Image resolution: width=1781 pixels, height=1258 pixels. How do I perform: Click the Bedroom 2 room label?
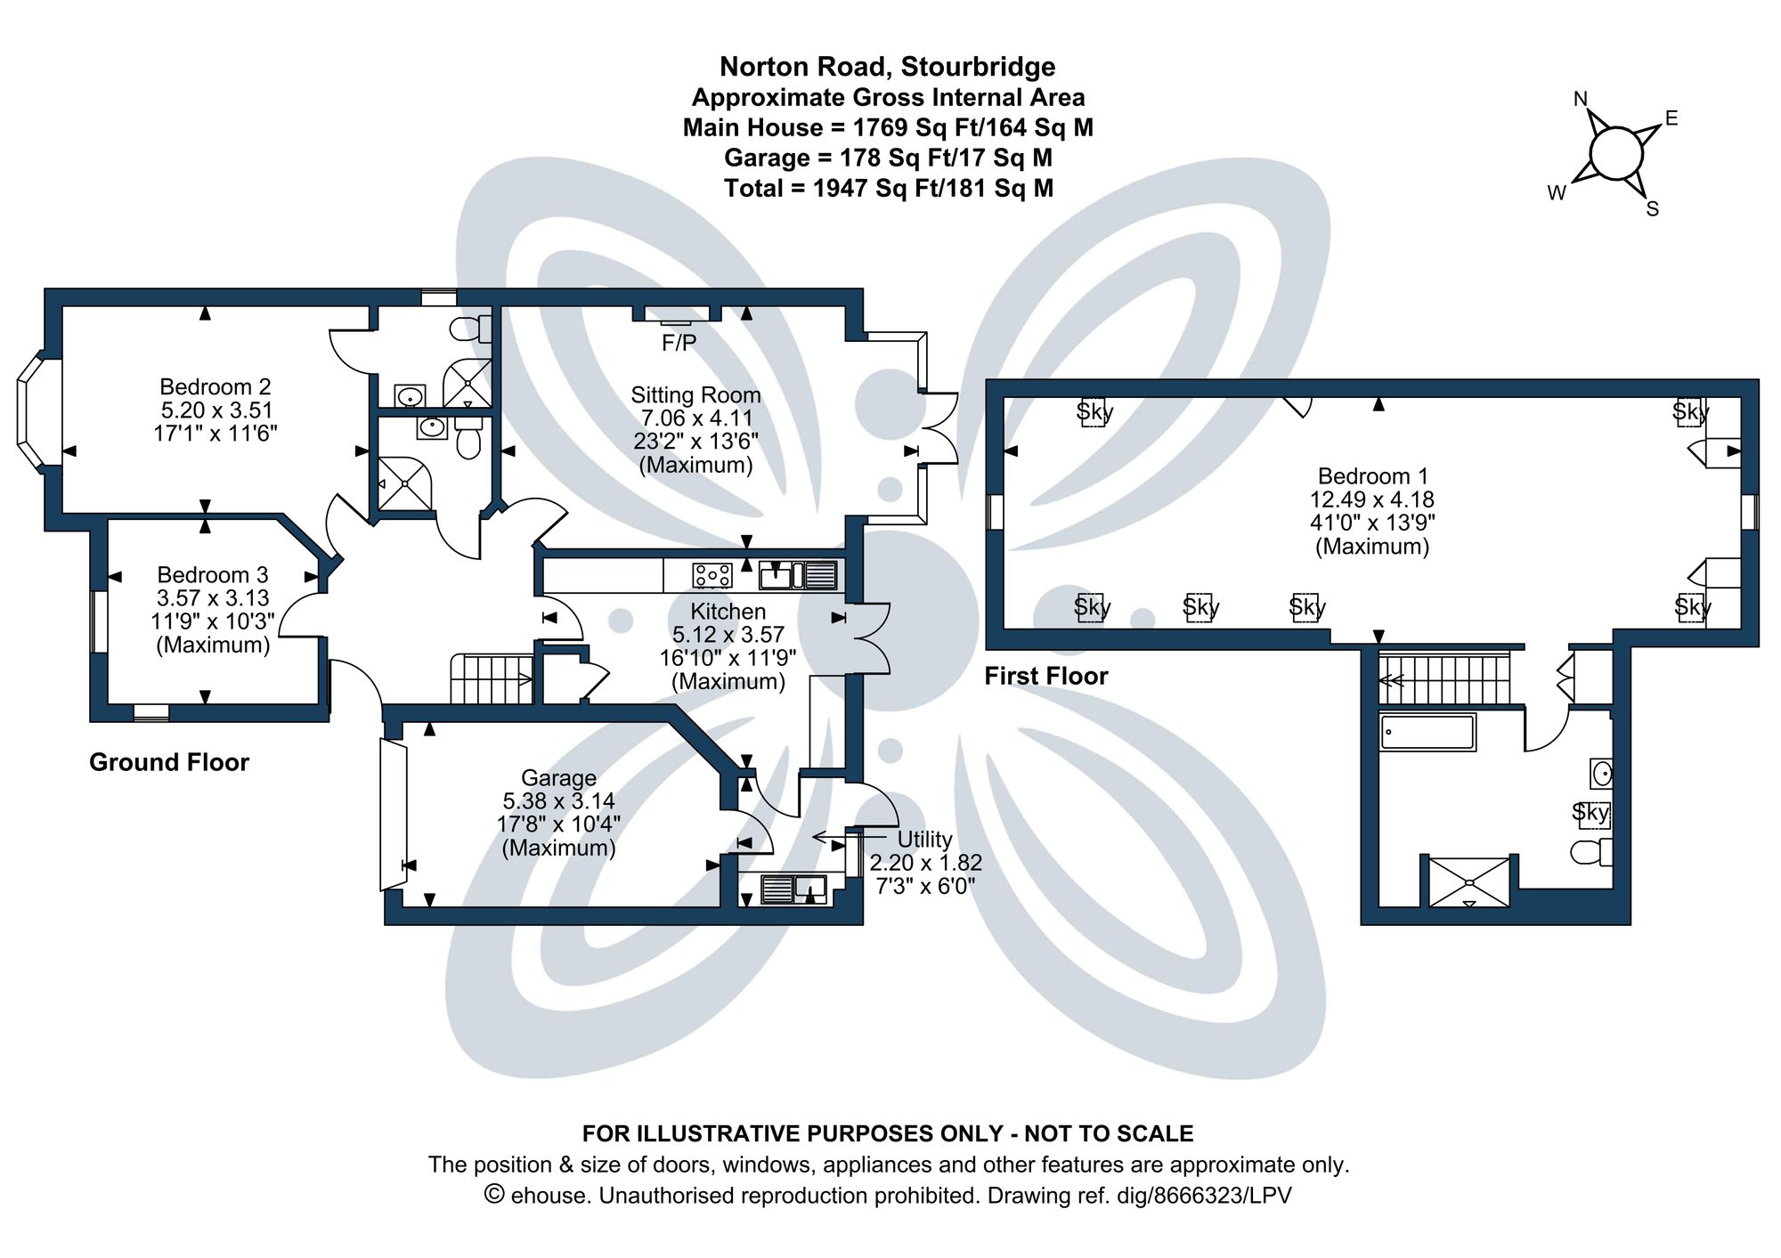point(215,387)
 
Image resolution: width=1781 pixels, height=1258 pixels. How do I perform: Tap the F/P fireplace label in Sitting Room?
point(679,343)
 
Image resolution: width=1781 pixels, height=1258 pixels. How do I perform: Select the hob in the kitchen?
point(712,575)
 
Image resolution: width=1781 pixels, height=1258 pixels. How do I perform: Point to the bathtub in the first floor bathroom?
point(1427,732)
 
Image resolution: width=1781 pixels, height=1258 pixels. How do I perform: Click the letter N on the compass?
point(1581,99)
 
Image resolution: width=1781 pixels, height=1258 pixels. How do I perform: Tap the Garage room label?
point(558,777)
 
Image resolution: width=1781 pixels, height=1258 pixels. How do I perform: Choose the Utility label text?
point(924,840)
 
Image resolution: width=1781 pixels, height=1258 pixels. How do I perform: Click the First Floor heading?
point(1045,677)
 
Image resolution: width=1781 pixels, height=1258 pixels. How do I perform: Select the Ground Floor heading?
point(169,762)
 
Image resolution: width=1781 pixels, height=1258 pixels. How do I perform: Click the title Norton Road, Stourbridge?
point(887,67)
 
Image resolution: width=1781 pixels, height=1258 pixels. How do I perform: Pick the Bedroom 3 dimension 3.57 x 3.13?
point(213,598)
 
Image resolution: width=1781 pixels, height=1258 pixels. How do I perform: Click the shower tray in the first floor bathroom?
point(1469,881)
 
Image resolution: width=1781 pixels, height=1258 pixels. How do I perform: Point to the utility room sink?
point(793,889)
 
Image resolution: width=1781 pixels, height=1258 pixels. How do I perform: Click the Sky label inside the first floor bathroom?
point(1590,812)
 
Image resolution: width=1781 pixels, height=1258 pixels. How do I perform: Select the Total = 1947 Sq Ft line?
point(888,189)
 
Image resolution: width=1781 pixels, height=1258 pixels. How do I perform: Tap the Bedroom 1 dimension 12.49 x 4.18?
point(1371,499)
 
